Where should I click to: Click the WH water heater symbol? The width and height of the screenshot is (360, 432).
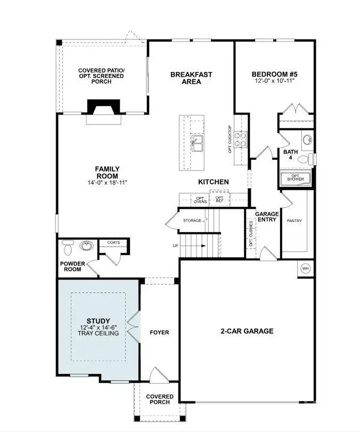pyautogui.click(x=306, y=268)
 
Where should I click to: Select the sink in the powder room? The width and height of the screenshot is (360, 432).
pyautogui.click(x=86, y=246)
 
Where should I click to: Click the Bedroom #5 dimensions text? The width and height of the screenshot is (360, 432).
pyautogui.click(x=274, y=80)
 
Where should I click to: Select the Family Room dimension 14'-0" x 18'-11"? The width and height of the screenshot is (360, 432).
pyautogui.click(x=108, y=183)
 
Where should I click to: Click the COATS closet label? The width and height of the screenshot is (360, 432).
pyautogui.click(x=113, y=242)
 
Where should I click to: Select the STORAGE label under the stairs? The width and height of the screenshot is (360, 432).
pyautogui.click(x=192, y=220)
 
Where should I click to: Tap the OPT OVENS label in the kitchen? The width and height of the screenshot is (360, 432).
pyautogui.click(x=201, y=200)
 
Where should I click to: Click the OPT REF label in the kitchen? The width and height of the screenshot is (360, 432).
pyautogui.click(x=219, y=199)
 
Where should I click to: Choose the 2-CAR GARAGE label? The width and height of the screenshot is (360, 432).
pyautogui.click(x=247, y=331)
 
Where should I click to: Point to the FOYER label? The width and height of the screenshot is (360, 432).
pyautogui.click(x=159, y=332)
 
